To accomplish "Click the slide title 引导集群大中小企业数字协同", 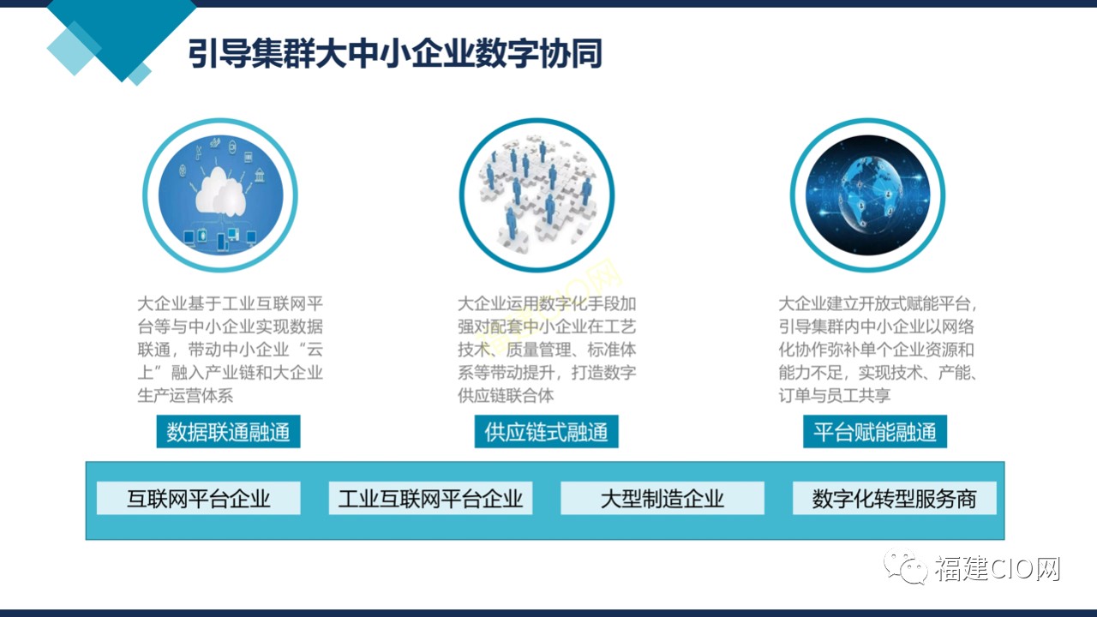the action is pyautogui.click(x=395, y=53).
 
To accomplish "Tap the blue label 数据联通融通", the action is pyautogui.click(x=228, y=431).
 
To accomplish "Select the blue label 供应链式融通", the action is pyautogui.click(x=546, y=431).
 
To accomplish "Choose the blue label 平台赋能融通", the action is pyautogui.click(x=875, y=431).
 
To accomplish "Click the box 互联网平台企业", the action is pyautogui.click(x=198, y=498).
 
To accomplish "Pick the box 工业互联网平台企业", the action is pyautogui.click(x=430, y=498).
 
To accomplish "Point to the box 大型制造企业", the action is pyautogui.click(x=662, y=498).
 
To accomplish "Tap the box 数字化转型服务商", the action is pyautogui.click(x=894, y=498).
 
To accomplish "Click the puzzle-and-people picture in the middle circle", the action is pyautogui.click(x=537, y=195).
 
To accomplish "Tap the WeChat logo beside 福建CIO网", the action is pyautogui.click(x=906, y=566).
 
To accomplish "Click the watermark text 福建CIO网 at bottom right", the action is pyautogui.click(x=998, y=568).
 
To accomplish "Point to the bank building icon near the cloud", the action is pyautogui.click(x=260, y=175).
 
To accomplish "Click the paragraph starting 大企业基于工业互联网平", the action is pyautogui.click(x=231, y=349).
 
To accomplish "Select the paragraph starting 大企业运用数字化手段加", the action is pyautogui.click(x=547, y=349).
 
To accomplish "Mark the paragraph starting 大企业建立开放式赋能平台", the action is pyautogui.click(x=878, y=349).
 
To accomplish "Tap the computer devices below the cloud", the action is pyautogui.click(x=220, y=237).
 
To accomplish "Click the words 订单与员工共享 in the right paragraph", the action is pyautogui.click(x=835, y=395).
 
